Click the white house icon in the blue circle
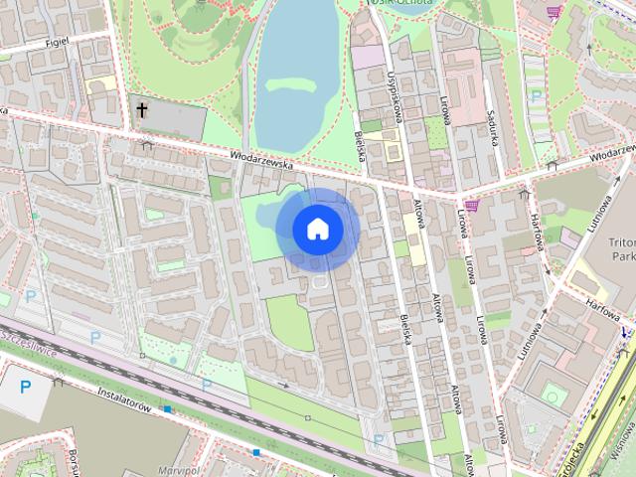point(317,229)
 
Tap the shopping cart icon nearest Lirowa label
point(472,206)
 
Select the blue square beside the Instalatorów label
point(169,408)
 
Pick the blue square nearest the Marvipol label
point(255,452)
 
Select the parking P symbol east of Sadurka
point(538,96)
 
